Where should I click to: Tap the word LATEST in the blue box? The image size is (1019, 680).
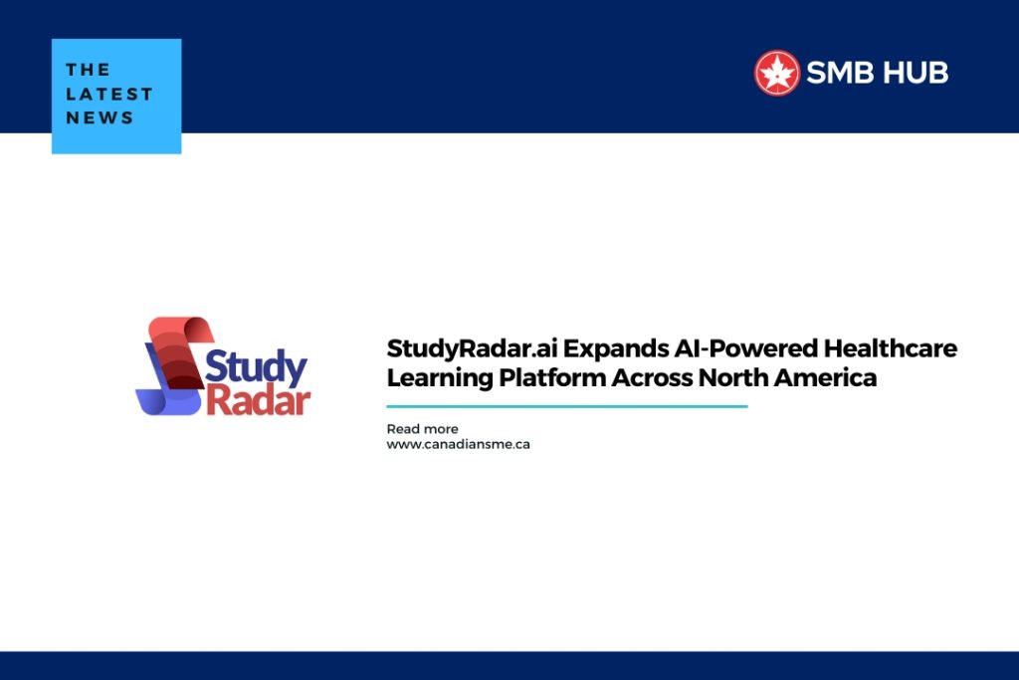point(109,94)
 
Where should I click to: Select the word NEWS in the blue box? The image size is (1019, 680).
point(100,117)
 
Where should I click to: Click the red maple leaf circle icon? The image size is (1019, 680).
point(777,73)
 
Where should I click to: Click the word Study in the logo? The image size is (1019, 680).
point(257,366)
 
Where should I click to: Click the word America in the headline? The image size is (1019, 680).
point(830,378)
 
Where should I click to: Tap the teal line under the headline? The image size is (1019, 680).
point(566,406)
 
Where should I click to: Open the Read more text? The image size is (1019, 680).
point(422,429)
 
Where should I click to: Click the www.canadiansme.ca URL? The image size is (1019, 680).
point(458,444)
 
